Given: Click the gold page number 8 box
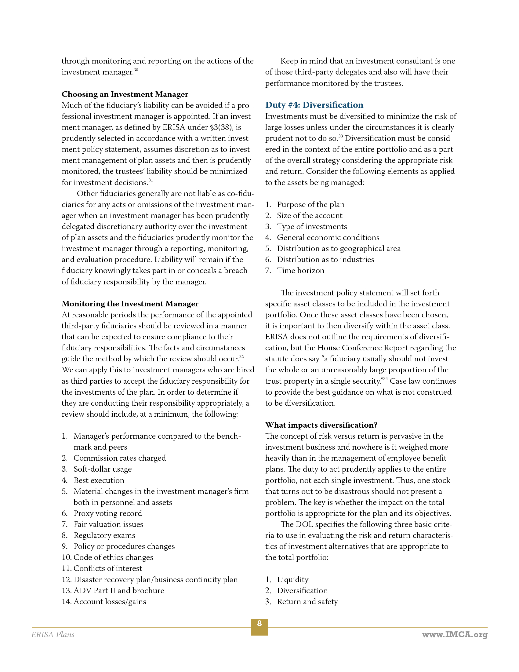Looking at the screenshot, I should [259, 626].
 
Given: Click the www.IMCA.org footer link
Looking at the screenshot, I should [455, 634].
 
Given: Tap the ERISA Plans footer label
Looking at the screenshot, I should [53, 634].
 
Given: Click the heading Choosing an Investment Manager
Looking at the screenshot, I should [125, 94].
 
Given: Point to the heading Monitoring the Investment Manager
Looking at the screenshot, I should [130, 304].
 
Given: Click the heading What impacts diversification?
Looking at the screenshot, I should [321, 425].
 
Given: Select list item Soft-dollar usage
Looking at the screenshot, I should [102, 469].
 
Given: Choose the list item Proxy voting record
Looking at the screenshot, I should [107, 513].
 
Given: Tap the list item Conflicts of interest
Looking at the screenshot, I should [107, 568].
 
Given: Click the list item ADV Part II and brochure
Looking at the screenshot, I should [119, 590].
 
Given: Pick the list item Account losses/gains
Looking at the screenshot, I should [110, 601].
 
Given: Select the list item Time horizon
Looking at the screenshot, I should [300, 270].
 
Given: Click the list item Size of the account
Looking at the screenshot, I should [309, 215].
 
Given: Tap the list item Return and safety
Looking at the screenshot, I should [307, 601].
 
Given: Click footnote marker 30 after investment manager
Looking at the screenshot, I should [136, 70].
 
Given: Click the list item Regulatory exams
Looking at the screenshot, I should [104, 535].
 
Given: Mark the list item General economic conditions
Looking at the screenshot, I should [328, 238].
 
